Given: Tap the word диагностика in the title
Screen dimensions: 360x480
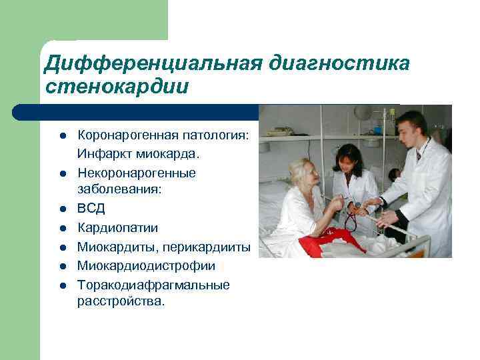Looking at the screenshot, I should pyautogui.click(x=340, y=63).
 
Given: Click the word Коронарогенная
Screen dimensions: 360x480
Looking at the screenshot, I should pyautogui.click(x=126, y=136).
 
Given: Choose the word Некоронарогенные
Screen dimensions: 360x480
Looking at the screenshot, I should pyautogui.click(x=137, y=173).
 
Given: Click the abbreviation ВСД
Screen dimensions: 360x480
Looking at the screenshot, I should pyautogui.click(x=91, y=209).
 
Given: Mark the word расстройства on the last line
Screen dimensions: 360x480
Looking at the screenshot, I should pyautogui.click(x=120, y=301).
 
